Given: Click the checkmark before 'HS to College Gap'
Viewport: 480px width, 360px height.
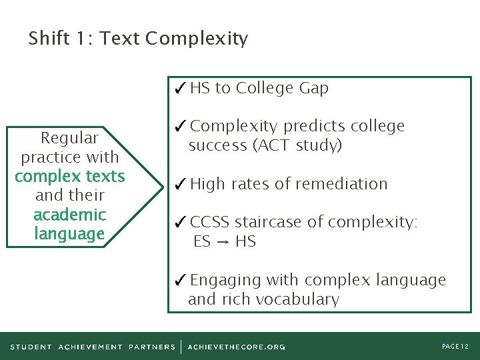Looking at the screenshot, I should [180, 88].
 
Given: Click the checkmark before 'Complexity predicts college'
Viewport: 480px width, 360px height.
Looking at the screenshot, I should [180, 127].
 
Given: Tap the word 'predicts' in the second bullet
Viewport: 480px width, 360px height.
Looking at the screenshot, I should [313, 127].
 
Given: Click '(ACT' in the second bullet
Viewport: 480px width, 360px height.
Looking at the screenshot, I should [269, 145].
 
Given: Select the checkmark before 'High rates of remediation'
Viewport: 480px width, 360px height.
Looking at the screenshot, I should [180, 184].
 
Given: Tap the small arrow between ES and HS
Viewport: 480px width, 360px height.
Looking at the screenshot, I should [223, 241].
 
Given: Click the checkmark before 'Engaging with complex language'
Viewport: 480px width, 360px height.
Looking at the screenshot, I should [180, 281].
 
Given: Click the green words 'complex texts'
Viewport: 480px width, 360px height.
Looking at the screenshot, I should [69, 176].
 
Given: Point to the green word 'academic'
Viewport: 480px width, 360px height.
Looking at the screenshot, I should [69, 215].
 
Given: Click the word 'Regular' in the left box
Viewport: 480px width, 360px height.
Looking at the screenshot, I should [69, 138].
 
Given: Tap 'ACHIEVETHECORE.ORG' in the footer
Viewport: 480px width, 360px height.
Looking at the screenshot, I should [236, 347].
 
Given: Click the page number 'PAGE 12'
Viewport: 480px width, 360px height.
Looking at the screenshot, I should [455, 347].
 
